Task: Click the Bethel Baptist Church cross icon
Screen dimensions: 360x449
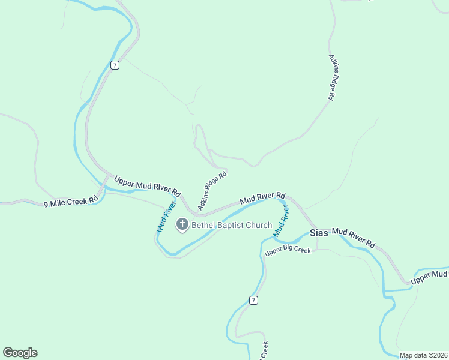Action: coord(182,225)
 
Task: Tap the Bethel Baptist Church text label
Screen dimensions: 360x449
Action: coord(232,226)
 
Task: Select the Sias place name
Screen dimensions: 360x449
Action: coord(319,233)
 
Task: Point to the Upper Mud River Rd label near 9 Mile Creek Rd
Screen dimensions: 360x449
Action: coord(147,186)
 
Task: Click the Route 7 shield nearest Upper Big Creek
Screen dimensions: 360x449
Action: coord(254,300)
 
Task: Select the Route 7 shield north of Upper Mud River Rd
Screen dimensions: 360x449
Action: coord(115,65)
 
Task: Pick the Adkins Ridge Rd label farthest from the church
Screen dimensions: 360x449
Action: coord(332,77)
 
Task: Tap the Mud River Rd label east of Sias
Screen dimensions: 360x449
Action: coord(354,238)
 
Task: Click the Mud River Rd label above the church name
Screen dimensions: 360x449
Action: coord(262,198)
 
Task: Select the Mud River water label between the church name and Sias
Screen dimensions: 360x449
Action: coord(281,220)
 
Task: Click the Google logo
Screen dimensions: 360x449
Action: coord(20,353)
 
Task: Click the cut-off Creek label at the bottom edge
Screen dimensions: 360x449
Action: coord(264,351)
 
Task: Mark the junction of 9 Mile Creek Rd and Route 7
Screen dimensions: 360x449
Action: coord(107,178)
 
